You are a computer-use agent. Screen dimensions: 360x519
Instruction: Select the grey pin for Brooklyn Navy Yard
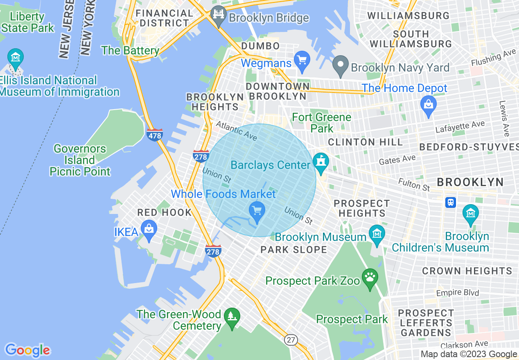click(340, 67)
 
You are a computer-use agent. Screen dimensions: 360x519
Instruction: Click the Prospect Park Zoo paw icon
click(370, 279)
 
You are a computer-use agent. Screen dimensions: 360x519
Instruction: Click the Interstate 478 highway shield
click(155, 135)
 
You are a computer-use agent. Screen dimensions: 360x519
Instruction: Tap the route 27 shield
click(291, 340)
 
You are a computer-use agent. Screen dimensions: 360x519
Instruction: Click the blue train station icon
click(451, 202)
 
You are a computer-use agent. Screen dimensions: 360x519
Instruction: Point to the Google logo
click(27, 350)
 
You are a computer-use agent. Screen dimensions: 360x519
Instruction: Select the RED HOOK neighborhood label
click(165, 212)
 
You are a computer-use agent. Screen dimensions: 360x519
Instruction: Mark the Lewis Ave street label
click(505, 119)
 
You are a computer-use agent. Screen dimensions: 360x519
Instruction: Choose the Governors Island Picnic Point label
click(80, 160)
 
